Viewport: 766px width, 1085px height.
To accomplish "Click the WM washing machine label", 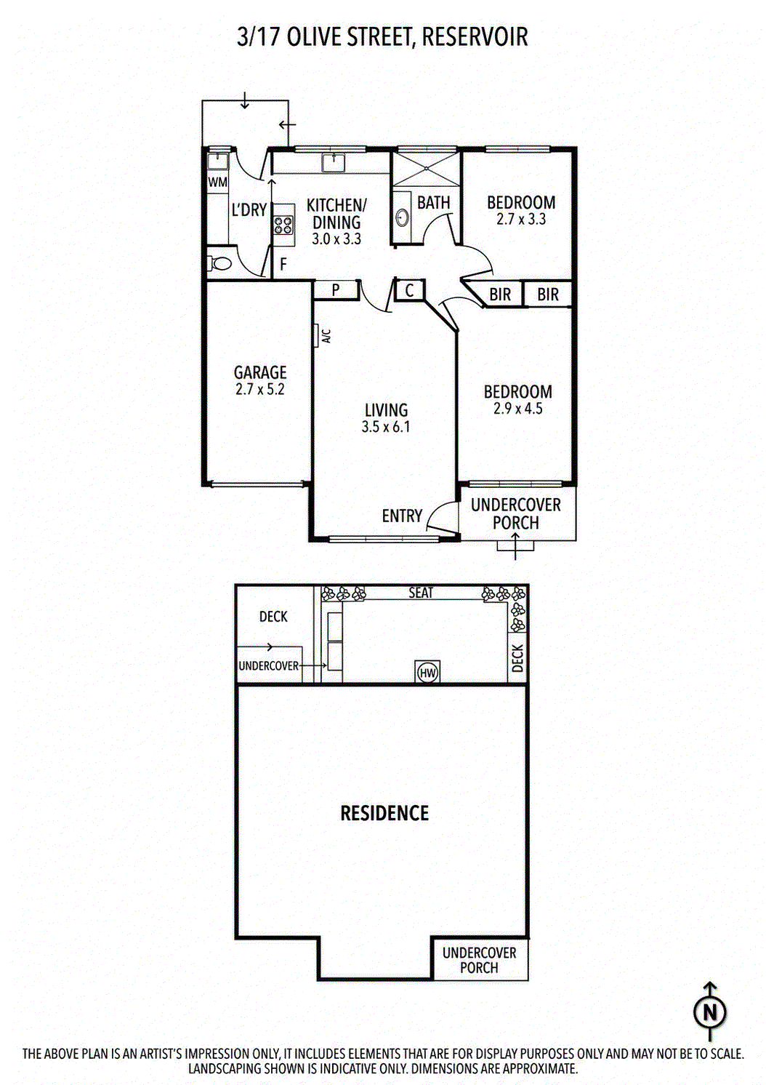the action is (217, 183).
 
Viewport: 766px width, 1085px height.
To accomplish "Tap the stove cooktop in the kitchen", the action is (283, 224).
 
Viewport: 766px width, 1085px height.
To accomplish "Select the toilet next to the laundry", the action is (219, 264).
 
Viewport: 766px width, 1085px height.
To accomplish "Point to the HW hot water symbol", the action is (427, 672).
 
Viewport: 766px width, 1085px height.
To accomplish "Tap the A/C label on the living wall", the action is (326, 336).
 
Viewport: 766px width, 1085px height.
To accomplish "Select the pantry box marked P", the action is (336, 289).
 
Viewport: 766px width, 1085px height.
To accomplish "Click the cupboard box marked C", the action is (410, 290).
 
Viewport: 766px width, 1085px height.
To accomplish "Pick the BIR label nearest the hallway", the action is (500, 294).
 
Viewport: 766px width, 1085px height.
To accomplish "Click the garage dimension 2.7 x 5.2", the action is (260, 389).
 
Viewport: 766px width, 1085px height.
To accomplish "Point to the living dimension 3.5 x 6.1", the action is (385, 427).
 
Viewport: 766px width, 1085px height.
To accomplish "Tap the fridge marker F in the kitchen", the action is (283, 264).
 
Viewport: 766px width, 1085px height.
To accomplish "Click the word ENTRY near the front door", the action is (402, 516).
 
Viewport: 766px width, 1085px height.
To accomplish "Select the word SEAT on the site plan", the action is (420, 593).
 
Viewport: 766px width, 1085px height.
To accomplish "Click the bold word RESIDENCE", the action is (384, 813).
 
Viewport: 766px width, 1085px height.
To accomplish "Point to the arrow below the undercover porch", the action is (515, 546).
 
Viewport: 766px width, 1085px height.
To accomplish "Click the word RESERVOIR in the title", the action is (475, 37).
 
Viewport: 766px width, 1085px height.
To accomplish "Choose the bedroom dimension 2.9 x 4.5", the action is (517, 408).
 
